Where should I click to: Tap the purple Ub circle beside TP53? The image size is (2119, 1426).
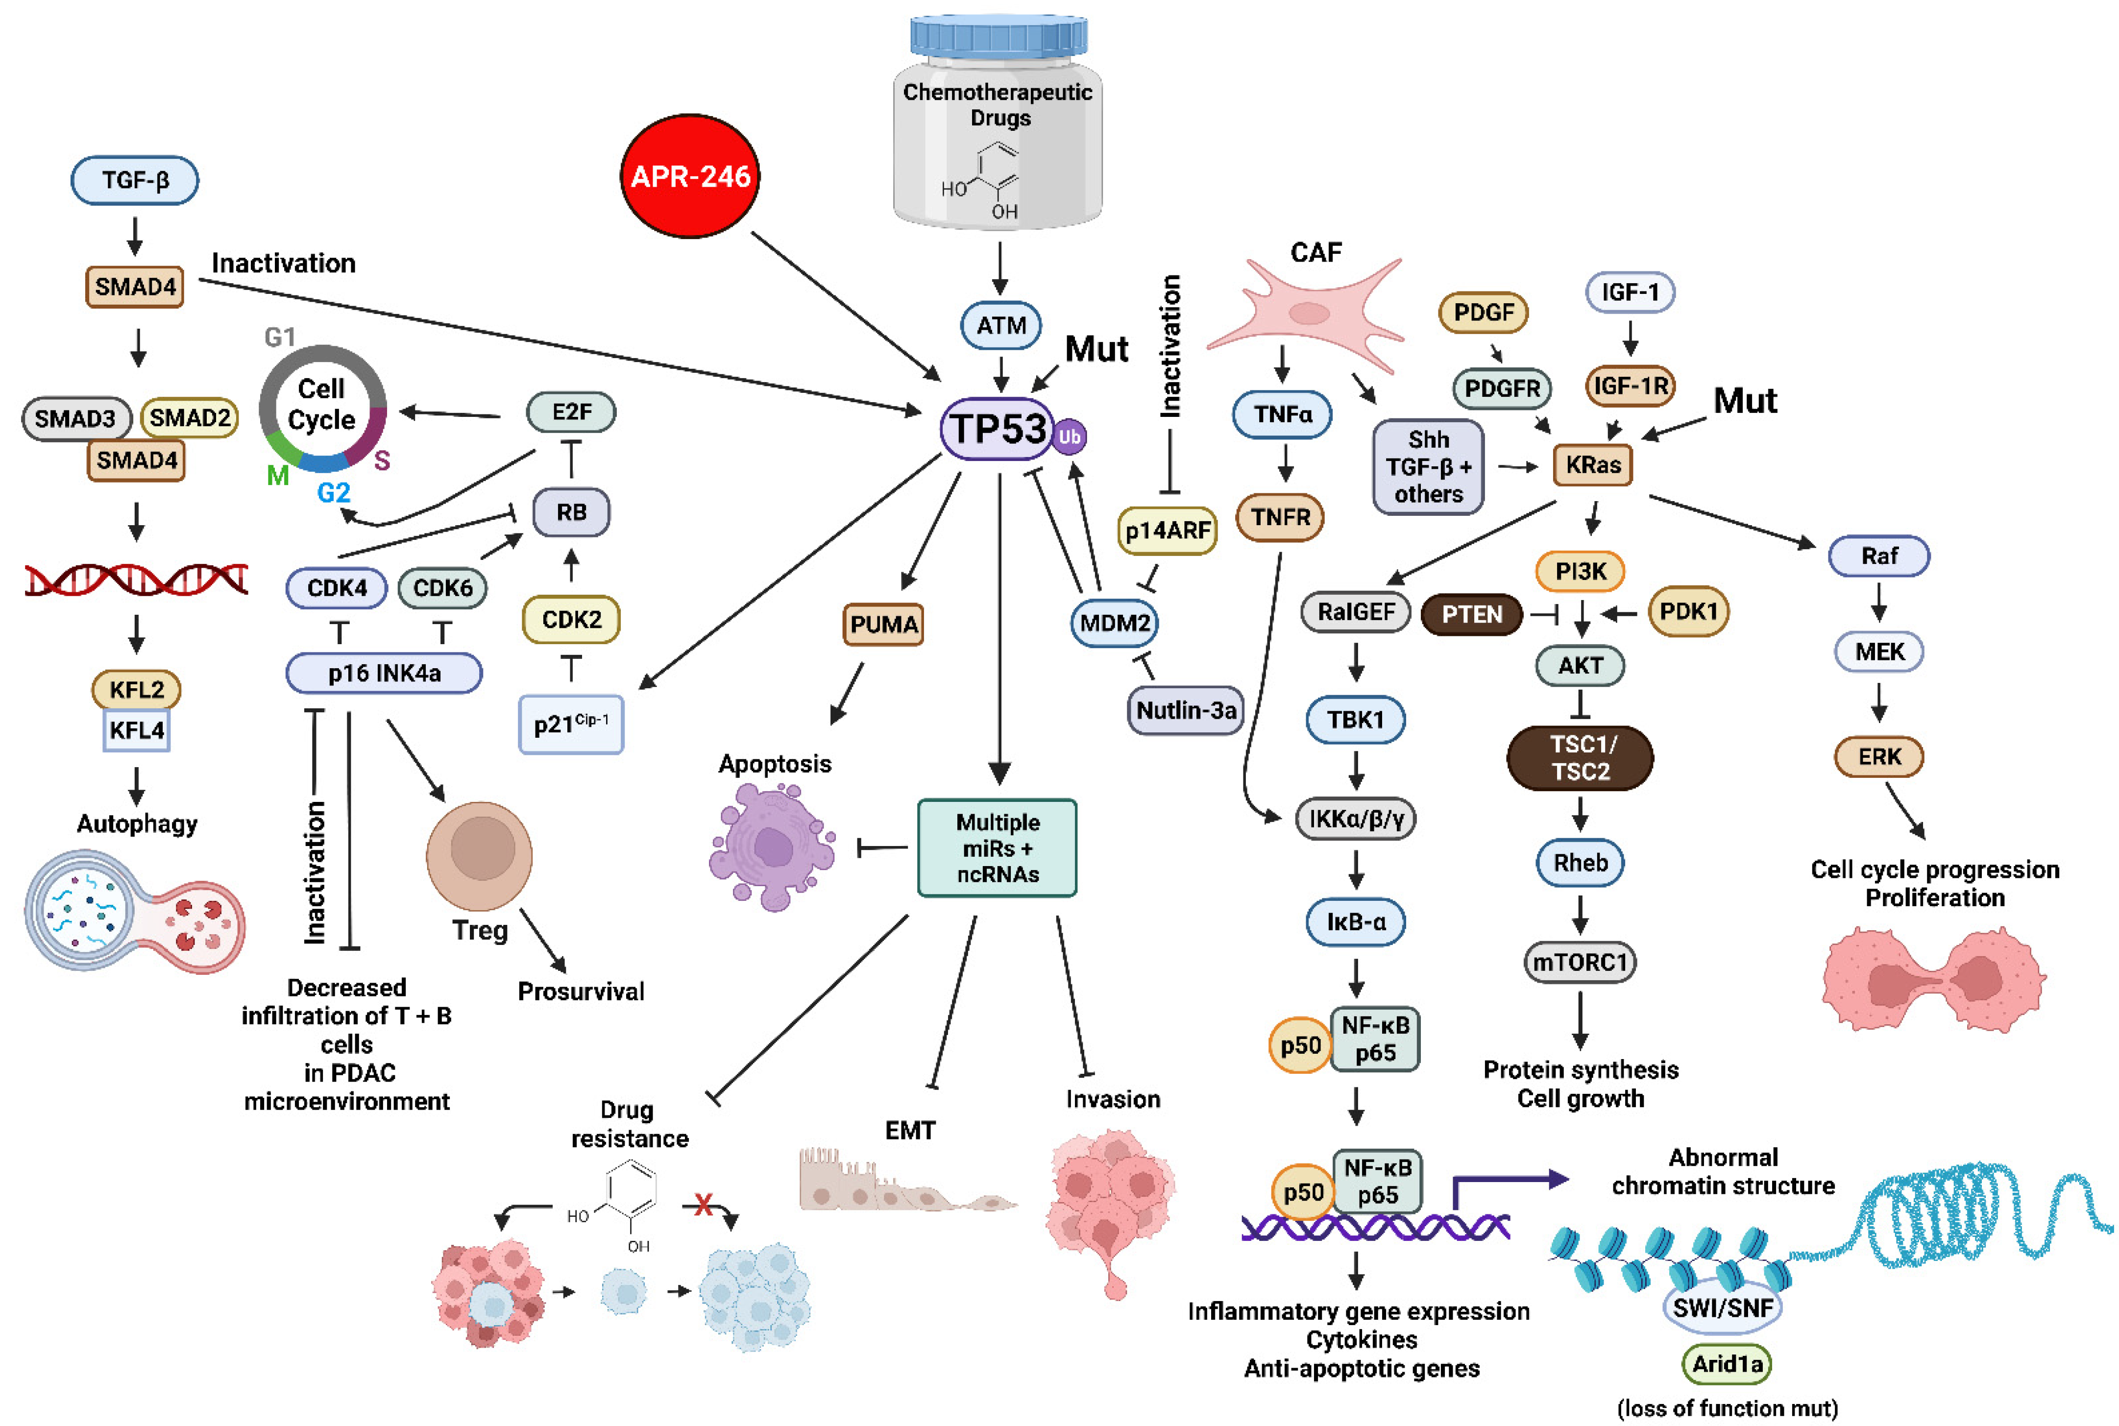[1070, 436]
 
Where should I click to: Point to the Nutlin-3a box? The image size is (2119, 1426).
[1185, 709]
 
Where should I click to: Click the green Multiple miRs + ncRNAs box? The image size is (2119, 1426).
[998, 847]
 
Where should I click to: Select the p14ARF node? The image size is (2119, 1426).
[1167, 530]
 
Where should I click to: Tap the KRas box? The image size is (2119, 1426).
[1592, 465]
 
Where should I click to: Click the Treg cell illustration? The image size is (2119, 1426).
[479, 855]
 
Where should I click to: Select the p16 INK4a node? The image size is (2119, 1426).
[384, 673]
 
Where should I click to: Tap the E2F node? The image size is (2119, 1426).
[571, 412]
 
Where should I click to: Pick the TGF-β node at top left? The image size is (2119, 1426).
[135, 180]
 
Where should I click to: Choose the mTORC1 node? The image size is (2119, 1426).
[1580, 962]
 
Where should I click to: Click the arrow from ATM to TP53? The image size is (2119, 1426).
[1000, 374]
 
